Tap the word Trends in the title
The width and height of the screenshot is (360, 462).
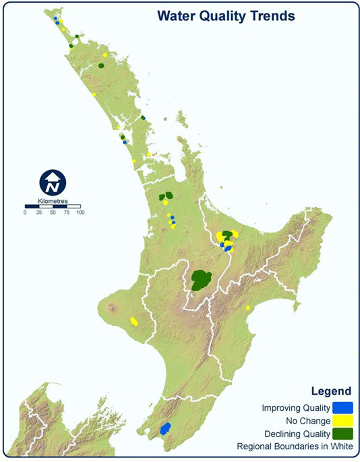point(271,16)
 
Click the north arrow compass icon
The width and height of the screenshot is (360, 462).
point(52,182)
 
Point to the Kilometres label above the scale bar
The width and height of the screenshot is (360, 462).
point(53,200)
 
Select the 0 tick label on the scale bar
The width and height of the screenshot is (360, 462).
point(25,212)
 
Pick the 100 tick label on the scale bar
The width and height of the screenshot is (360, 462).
point(80,212)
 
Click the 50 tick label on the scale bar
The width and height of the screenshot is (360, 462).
point(53,212)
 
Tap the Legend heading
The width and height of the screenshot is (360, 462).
point(330,391)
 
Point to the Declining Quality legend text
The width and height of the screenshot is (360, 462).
point(296,433)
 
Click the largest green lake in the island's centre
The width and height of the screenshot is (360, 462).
point(201,279)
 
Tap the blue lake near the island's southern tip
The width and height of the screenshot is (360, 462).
point(164,428)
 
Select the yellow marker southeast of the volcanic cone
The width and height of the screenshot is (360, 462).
point(134,321)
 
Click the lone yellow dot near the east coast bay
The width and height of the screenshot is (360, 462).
point(248,308)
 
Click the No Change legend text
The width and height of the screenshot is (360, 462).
point(307,420)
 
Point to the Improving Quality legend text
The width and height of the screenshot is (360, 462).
point(296,407)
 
